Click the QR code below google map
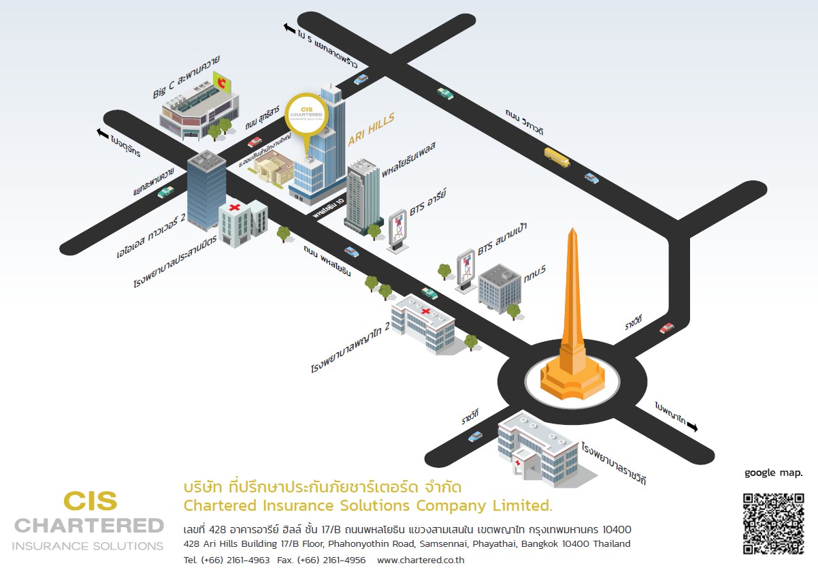click(773, 522)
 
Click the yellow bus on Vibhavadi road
click(556, 157)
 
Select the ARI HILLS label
click(371, 130)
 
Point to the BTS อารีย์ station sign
click(397, 230)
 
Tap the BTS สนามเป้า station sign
click(466, 270)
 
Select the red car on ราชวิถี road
click(667, 328)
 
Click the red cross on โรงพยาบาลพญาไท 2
click(427, 311)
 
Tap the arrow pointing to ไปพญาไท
click(692, 426)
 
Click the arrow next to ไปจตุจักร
click(103, 133)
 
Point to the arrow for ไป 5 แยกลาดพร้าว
click(288, 27)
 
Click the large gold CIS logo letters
click(91, 501)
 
